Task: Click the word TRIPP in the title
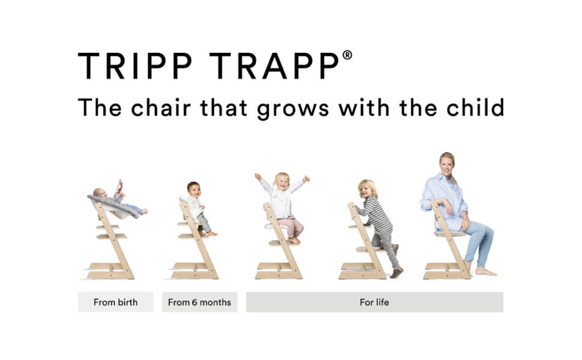point(136,65)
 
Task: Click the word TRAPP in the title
point(274,65)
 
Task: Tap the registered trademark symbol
point(347,55)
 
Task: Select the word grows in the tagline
point(293,109)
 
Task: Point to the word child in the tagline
point(475,107)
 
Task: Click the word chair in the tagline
point(161,107)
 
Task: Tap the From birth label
point(115,302)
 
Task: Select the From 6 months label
point(199,302)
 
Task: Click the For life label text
point(374,302)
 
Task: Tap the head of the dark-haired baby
point(194,189)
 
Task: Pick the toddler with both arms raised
point(284,206)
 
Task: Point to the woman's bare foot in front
point(485,272)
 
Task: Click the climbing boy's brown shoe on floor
point(397,273)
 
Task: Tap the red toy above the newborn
point(119,187)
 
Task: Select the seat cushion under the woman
point(450,233)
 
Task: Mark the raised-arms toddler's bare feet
point(295,241)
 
